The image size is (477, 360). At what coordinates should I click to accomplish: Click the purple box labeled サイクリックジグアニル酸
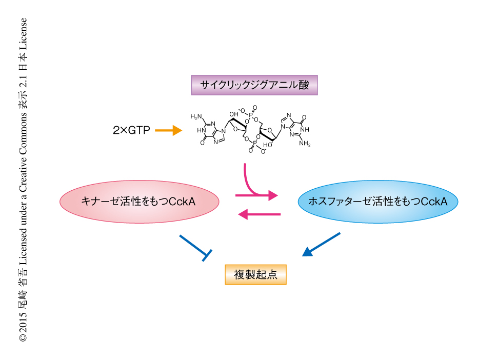click(x=254, y=85)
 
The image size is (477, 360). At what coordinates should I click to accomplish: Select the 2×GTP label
click(x=131, y=131)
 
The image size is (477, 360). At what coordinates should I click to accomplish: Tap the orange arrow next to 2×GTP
click(x=168, y=131)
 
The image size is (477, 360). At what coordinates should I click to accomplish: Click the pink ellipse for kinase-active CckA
click(x=138, y=202)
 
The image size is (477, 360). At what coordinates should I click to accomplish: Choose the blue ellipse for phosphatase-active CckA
click(x=377, y=202)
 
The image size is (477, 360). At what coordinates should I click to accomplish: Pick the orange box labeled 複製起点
click(x=255, y=274)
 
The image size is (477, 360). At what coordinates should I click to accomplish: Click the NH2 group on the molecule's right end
click(x=305, y=144)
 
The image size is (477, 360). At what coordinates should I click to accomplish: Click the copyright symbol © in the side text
click(x=23, y=338)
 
